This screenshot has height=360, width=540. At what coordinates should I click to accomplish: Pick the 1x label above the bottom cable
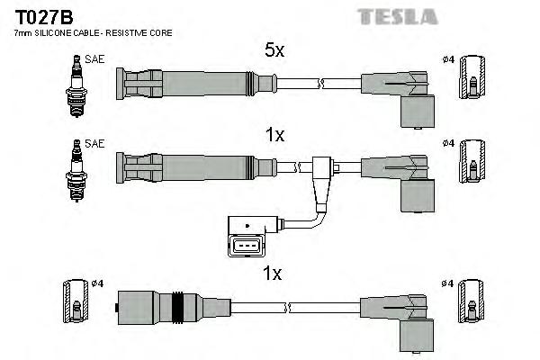click(x=274, y=273)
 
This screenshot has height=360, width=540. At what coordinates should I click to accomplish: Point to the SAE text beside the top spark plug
click(x=94, y=59)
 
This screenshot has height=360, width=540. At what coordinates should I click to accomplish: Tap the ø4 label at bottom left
click(x=98, y=284)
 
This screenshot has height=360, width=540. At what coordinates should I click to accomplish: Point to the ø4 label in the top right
click(x=448, y=59)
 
